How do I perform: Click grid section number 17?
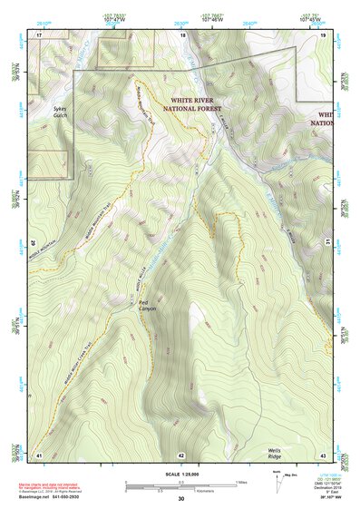coord(39,34)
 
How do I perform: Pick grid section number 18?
coord(183,34)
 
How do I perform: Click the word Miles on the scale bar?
coord(243,482)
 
